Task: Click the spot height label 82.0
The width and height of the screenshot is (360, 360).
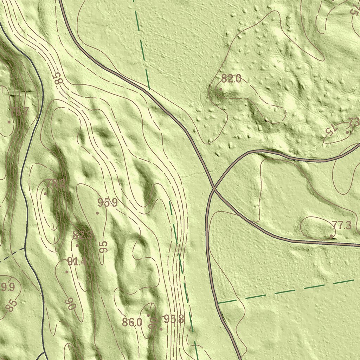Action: coord(231,79)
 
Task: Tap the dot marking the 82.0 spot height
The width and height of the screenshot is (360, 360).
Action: coord(221,89)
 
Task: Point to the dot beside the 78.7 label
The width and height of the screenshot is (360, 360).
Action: coord(9,122)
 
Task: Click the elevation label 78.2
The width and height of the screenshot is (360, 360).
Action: coord(56,184)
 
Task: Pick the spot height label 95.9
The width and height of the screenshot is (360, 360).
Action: coord(107,203)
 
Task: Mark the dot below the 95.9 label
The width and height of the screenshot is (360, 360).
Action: coord(97,213)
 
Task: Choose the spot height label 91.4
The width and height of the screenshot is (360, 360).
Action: coord(77,262)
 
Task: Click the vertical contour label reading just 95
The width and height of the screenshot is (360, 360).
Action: coord(103,247)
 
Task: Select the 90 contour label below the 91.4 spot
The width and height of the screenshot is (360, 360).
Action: coord(71,303)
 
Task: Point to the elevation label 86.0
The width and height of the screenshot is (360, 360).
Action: coord(132,322)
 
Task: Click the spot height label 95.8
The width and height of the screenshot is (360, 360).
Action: coord(174,319)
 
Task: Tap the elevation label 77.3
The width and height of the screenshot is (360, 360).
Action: coord(341,226)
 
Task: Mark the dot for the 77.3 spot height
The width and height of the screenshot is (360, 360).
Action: coord(332,236)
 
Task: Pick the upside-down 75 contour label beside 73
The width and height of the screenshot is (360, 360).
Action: coord(331,129)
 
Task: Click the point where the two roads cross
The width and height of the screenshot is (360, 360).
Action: coord(213,188)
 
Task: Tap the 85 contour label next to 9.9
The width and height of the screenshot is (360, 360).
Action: coord(11,305)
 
